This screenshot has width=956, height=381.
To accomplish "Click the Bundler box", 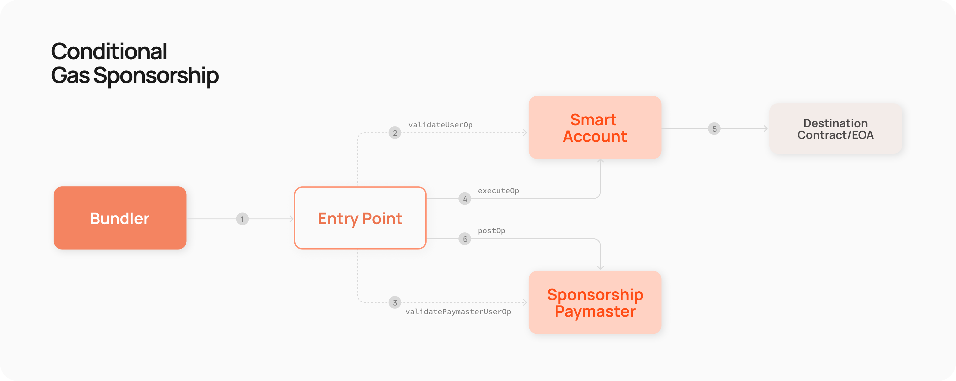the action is tap(120, 218).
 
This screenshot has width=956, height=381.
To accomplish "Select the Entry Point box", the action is tap(360, 218).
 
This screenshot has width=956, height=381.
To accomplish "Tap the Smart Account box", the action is tap(595, 127).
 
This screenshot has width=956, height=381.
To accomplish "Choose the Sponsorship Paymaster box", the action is tap(595, 302).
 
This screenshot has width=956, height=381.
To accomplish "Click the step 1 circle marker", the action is tap(242, 219).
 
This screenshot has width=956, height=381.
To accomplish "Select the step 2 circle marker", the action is tap(395, 133).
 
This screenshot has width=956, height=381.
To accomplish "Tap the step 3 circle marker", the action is tap(395, 302).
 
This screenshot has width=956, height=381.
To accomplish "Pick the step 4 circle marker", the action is tap(465, 199).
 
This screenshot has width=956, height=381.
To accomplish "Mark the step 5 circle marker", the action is tap(714, 129).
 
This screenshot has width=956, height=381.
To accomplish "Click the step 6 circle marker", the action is tap(465, 239).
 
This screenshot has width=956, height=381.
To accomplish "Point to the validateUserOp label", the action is tap(440, 125).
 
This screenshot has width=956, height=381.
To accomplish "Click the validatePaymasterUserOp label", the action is tap(458, 311).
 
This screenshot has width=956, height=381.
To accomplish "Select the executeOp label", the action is tap(498, 191).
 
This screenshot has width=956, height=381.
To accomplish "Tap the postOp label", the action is tap(491, 231).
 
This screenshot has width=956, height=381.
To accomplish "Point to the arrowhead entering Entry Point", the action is tap(292, 219).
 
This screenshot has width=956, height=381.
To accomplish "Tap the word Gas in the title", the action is tap(70, 75).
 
